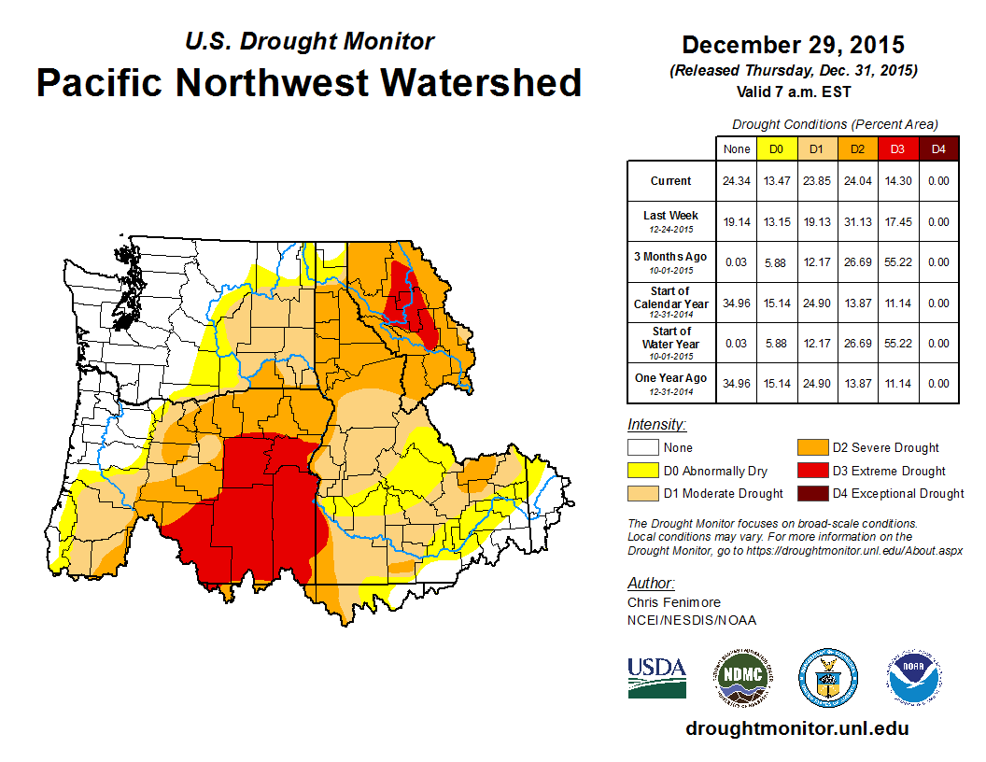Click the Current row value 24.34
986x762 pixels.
[x=737, y=181]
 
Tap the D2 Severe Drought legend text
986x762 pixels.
[x=886, y=448]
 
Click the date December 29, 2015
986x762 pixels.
[x=793, y=45]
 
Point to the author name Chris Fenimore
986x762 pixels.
[x=674, y=602]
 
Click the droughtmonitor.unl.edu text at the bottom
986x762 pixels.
[x=796, y=728]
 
